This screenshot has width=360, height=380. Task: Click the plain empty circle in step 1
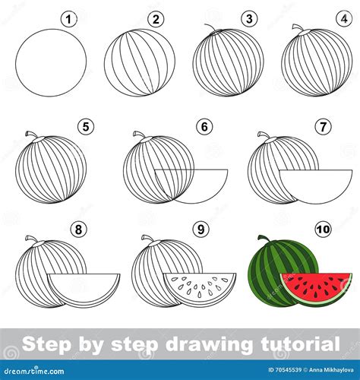pyautogui.click(x=51, y=62)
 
